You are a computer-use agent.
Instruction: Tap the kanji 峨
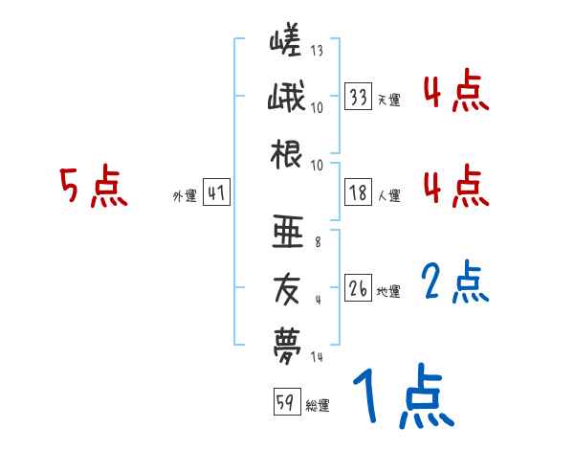(x=286, y=99)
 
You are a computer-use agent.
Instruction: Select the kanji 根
(x=286, y=155)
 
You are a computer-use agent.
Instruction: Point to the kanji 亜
(x=286, y=230)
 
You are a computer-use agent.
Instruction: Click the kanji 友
(x=286, y=286)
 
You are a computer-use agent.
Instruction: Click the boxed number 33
(x=359, y=98)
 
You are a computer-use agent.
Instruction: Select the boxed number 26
(x=359, y=288)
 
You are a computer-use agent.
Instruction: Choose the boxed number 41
(x=216, y=193)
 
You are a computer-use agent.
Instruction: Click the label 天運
(x=388, y=101)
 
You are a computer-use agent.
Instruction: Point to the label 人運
(x=388, y=196)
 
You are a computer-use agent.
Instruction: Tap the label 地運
(x=388, y=291)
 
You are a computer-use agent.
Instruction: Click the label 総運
(x=317, y=406)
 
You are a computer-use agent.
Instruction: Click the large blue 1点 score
(x=401, y=396)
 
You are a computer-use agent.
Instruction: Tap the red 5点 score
(x=93, y=188)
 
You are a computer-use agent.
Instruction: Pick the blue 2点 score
(x=455, y=281)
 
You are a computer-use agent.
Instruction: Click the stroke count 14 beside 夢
(x=317, y=356)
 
